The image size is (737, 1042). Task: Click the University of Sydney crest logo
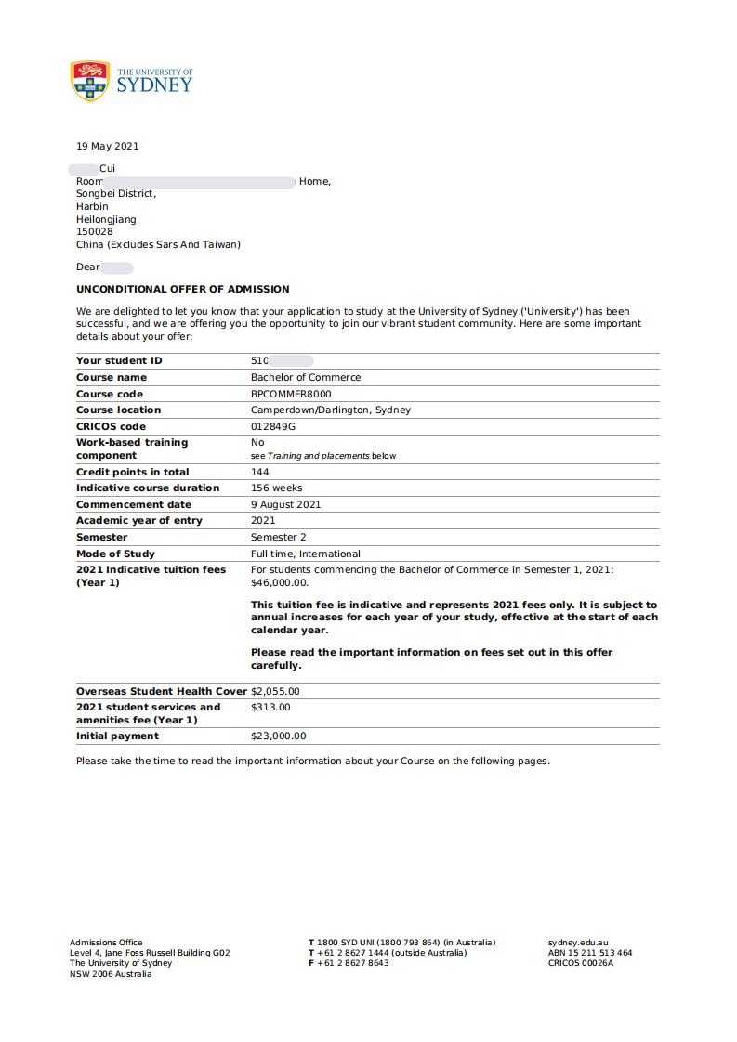click(90, 81)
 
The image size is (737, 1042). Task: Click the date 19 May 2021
click(107, 146)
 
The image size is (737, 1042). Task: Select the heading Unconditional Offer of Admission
click(182, 289)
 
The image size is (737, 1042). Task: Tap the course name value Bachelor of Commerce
click(306, 377)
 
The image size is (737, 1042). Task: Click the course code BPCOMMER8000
click(291, 394)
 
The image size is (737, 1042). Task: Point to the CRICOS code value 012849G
click(273, 426)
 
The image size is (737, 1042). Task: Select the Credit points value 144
click(260, 472)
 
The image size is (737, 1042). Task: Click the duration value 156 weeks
click(276, 488)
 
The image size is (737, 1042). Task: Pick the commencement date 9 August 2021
click(285, 504)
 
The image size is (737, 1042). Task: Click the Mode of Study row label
click(115, 554)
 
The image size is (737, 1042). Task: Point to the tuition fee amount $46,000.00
click(279, 582)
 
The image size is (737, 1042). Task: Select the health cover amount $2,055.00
click(275, 691)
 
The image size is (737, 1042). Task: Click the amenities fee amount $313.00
click(270, 707)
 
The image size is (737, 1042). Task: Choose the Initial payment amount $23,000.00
click(278, 736)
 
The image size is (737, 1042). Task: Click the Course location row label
click(118, 410)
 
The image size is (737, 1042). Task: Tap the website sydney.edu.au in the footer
click(577, 943)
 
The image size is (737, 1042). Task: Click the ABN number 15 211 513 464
click(599, 953)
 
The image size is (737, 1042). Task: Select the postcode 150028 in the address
click(94, 232)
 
